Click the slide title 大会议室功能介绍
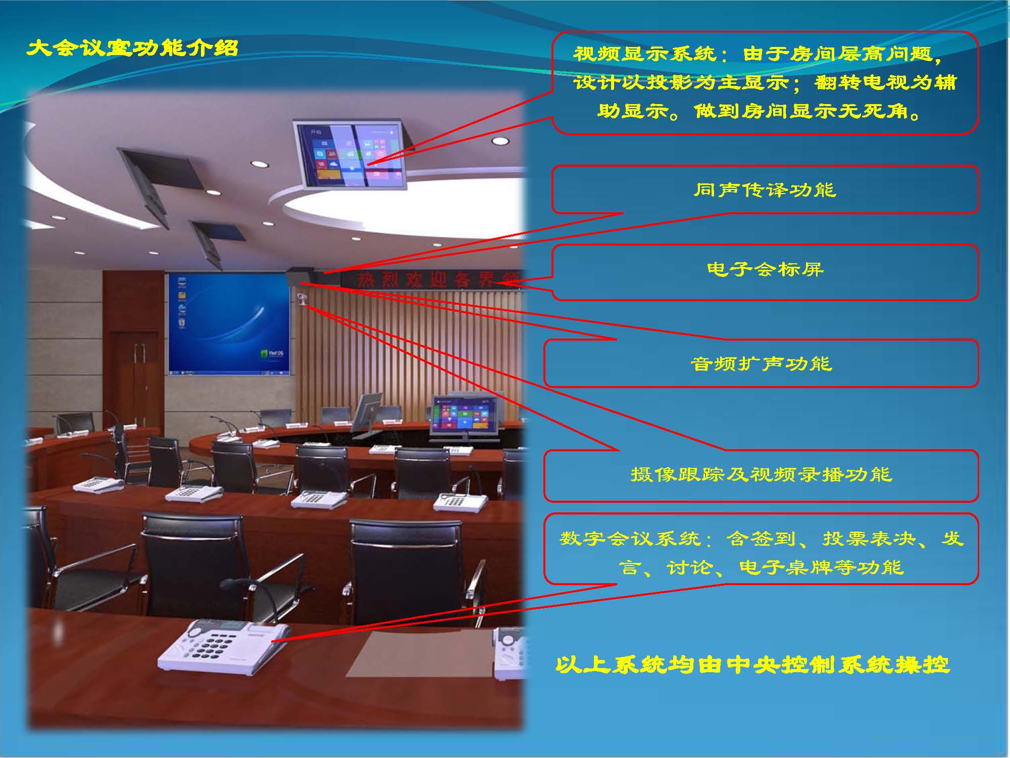[132, 49]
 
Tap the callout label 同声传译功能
[765, 190]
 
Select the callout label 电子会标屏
[765, 269]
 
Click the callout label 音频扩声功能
[761, 364]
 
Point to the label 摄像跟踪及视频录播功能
[761, 475]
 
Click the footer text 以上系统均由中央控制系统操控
[752, 665]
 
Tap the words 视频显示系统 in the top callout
[644, 54]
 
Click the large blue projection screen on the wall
[229, 323]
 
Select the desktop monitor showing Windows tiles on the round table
[464, 417]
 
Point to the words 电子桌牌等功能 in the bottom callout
[821, 567]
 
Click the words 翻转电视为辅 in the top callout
[886, 82]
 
